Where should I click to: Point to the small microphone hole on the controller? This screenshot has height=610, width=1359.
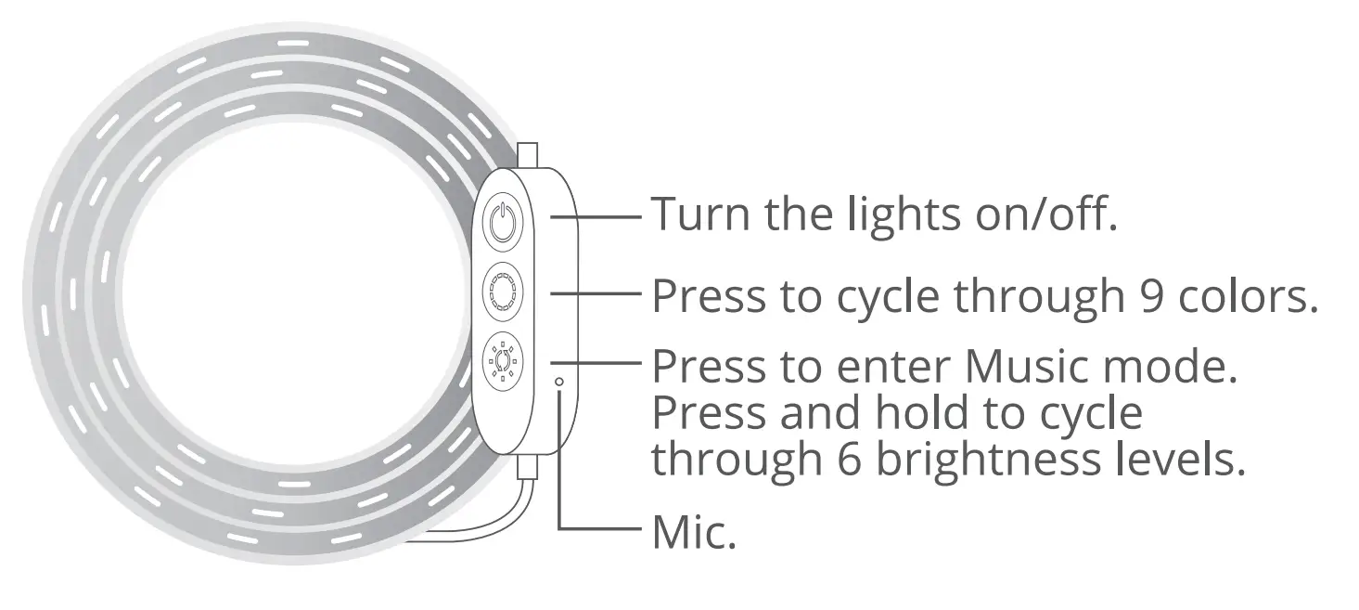[x=558, y=381]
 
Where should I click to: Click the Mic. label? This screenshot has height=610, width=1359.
[x=694, y=533]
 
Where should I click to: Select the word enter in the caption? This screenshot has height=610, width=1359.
[x=891, y=367]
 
